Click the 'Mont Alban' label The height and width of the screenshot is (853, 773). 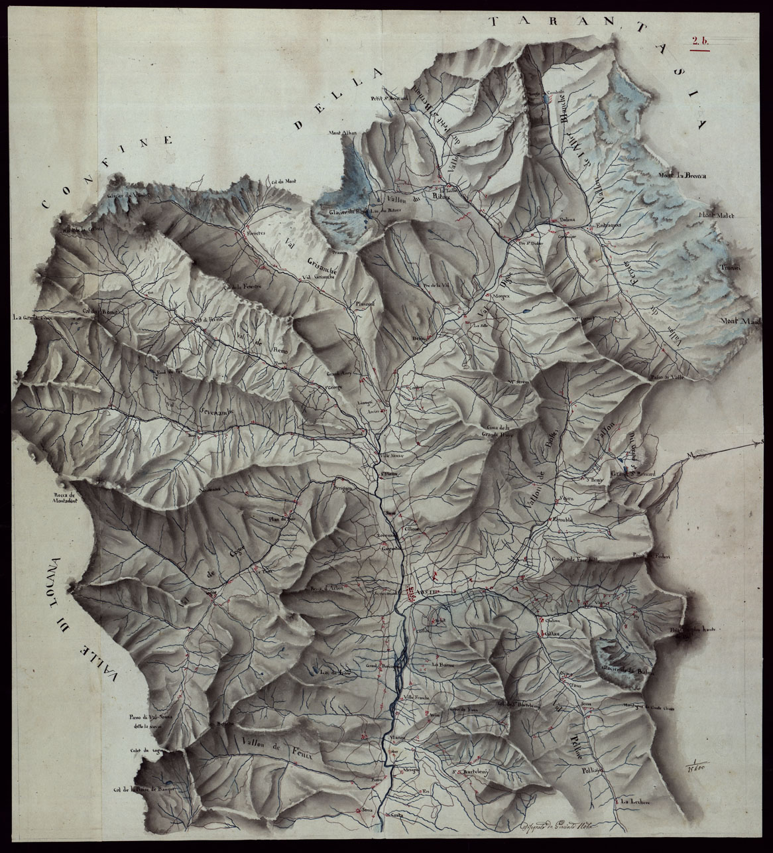point(343,133)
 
